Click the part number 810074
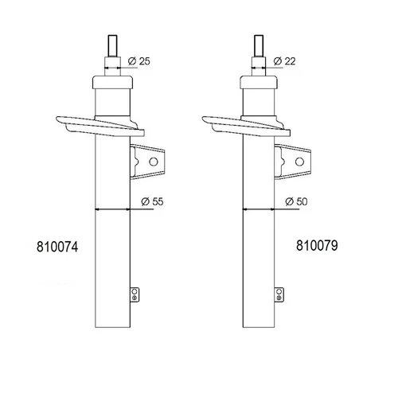point(57,247)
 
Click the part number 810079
point(317,245)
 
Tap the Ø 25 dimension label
point(139,61)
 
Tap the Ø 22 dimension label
point(284,61)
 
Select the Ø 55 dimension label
point(152,201)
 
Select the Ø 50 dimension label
point(296,201)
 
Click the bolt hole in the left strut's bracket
point(154,162)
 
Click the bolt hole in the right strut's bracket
point(299,162)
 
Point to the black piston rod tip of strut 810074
point(113,45)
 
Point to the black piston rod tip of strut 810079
point(259,45)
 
